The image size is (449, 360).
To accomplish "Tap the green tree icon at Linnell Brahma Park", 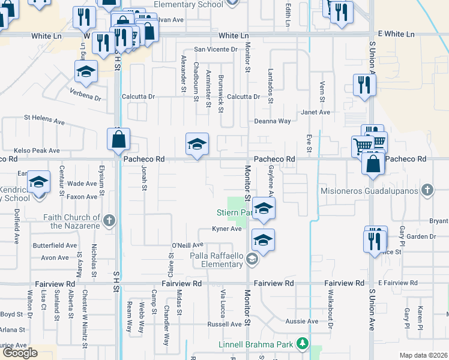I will point(304,344).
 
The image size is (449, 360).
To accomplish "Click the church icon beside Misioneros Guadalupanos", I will point(427,191).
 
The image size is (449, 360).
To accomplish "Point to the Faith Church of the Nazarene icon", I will point(109,220).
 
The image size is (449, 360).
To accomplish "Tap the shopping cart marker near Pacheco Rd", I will point(363,146).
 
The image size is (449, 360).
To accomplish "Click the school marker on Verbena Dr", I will point(86,72).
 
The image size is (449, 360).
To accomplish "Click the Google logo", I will point(20,353).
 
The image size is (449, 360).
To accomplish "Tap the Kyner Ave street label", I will point(226,229).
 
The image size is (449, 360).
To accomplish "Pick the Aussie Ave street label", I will point(302,322).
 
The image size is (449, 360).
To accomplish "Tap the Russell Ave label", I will point(224,325).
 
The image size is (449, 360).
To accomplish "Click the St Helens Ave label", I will point(44,121).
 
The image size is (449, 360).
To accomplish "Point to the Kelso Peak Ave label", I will point(37,151).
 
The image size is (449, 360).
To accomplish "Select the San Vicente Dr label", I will point(214,50).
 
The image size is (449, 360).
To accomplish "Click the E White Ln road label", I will point(396,34).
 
